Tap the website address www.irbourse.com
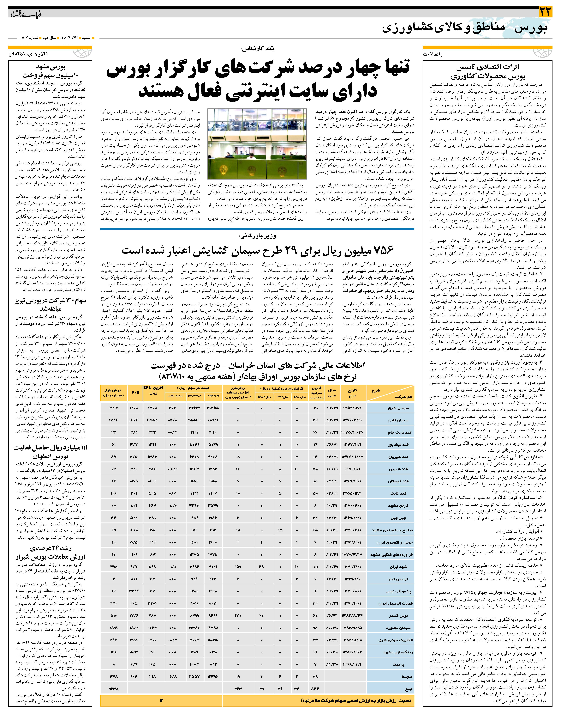tap(186, 218)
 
